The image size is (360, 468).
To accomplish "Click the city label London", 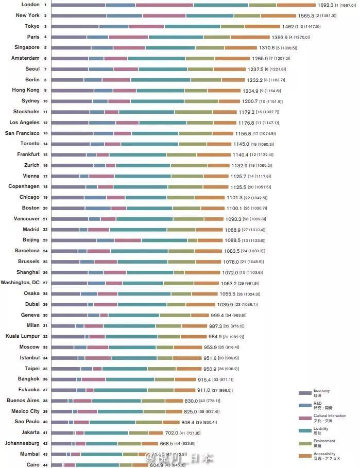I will pyautogui.click(x=30, y=5).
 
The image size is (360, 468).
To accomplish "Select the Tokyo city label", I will pyautogui.click(x=32, y=26).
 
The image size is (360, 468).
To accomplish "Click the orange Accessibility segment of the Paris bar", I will pyautogui.click(x=250, y=37).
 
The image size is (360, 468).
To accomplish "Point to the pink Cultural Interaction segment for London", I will pyautogui.click(x=164, y=5).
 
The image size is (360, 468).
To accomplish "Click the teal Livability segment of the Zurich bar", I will pyautogui.click(x=143, y=165).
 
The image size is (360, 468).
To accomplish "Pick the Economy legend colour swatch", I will pyautogui.click(x=305, y=393).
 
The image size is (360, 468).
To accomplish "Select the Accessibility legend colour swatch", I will pyautogui.click(x=305, y=456).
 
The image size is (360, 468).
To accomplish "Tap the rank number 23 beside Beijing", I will pyautogui.click(x=45, y=240).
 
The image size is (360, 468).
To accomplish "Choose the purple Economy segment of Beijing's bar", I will pyautogui.click(x=74, y=240).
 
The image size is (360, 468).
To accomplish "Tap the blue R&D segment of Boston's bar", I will pyautogui.click(x=98, y=208).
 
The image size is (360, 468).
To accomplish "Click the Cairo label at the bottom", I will pyautogui.click(x=33, y=465).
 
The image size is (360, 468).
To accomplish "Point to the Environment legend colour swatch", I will pyautogui.click(x=305, y=443).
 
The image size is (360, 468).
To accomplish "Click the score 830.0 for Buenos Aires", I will pyautogui.click(x=191, y=401).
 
